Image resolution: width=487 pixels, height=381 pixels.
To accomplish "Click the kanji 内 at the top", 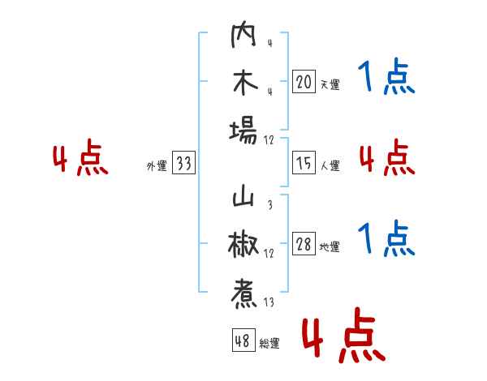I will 243,37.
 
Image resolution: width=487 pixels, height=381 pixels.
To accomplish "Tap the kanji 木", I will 243,83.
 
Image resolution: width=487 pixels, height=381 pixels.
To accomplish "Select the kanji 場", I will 243,130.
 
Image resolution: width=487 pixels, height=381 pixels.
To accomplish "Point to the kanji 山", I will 243,199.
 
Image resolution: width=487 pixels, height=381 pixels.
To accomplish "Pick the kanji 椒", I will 243,245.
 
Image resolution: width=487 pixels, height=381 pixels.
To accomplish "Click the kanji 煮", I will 243,294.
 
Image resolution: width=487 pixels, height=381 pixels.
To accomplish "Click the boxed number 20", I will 304,82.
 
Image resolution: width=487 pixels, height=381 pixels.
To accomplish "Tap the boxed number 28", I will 304,244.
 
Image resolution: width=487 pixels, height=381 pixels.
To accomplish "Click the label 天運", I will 330,84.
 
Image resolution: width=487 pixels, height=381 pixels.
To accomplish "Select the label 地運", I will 330,246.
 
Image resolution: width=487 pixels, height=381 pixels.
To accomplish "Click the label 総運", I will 269,344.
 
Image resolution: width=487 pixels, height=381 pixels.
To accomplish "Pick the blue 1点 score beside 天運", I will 386,78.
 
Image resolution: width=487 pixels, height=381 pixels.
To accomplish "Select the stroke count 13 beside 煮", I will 269,303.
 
